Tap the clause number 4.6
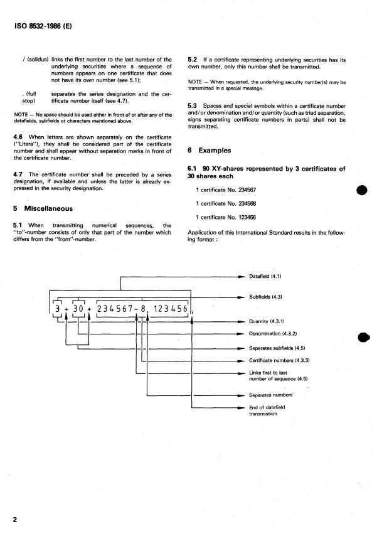tap(19, 136)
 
